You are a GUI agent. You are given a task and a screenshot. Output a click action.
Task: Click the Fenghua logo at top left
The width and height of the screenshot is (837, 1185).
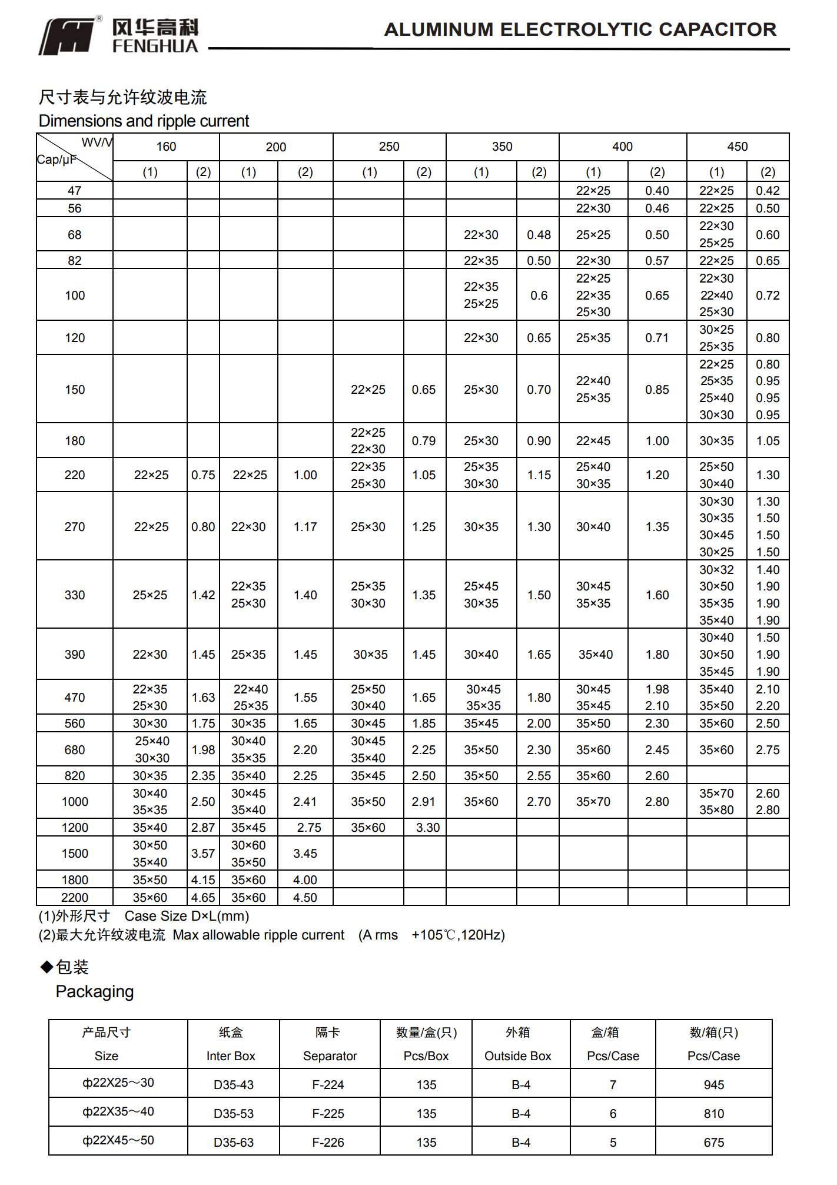(118, 36)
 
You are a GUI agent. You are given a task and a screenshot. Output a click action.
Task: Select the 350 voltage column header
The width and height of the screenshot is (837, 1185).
(502, 147)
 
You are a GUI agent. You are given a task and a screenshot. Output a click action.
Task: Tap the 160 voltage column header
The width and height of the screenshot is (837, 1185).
(166, 147)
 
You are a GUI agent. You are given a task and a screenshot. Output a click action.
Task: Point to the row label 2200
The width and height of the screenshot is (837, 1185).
(75, 897)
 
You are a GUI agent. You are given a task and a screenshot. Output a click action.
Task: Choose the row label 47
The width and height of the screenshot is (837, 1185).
(75, 191)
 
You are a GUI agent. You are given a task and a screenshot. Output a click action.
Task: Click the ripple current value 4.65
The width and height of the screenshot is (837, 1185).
(203, 897)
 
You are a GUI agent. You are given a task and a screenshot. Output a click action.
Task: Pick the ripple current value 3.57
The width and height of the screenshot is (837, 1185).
(203, 854)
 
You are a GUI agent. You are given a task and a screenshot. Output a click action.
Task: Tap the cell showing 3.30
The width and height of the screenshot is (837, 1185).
(428, 828)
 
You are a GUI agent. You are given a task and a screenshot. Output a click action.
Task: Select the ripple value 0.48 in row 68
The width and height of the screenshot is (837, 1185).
(539, 235)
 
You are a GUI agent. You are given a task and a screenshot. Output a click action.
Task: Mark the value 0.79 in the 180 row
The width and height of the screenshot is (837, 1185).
(424, 441)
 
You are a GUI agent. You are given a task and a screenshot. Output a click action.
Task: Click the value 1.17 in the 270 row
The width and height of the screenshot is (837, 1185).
(305, 527)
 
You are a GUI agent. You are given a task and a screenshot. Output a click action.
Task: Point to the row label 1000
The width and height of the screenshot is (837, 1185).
(75, 802)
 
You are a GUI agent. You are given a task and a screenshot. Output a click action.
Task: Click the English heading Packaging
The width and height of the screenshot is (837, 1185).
(95, 992)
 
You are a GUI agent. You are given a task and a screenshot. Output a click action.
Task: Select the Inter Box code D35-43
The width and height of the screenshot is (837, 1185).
(234, 1084)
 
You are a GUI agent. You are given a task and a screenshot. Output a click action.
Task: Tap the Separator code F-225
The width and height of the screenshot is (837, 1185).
(328, 1114)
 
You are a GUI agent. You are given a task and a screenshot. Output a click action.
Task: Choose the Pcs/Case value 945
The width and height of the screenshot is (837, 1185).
(714, 1084)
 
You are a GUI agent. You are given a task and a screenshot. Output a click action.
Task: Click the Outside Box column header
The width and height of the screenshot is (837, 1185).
(518, 1056)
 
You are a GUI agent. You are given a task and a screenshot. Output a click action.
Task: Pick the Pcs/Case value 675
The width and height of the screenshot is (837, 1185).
(714, 1143)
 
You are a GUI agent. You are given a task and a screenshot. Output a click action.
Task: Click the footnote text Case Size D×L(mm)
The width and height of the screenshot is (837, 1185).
(187, 916)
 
